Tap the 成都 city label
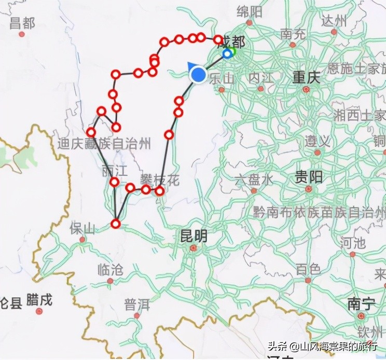231,41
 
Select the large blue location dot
198,74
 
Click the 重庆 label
305,77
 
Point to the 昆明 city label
193,237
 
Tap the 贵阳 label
309,177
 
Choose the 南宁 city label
361,304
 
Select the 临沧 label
110,269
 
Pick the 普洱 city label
137,304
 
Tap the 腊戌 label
39,300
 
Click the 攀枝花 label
159,181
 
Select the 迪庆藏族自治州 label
104,144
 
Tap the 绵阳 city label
250,12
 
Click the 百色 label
308,269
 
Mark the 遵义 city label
318,141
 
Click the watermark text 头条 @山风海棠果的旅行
322,346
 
